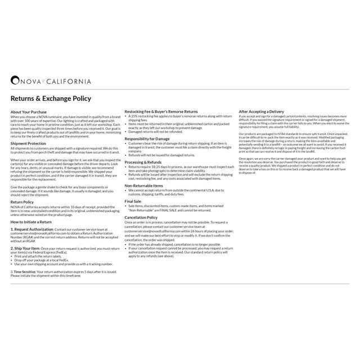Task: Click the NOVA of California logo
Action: tap(51, 81)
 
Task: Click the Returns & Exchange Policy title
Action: tap(51, 98)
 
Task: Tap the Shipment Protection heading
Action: tap(28, 143)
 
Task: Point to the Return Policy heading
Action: tap(22, 201)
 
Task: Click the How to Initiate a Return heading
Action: tap(31, 222)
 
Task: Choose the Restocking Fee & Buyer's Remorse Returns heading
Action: tap(161, 112)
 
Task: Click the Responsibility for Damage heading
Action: tap(147, 138)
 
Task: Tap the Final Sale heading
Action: tap(133, 200)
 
